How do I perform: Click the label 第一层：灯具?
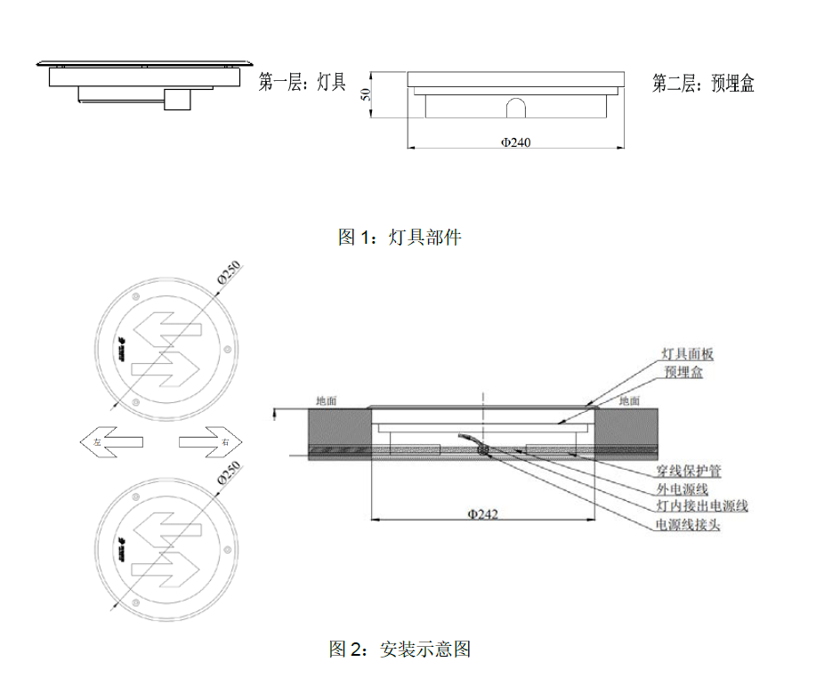[302, 84]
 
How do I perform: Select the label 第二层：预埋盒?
[703, 84]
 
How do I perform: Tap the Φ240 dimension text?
[515, 142]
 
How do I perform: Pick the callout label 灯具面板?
[688, 354]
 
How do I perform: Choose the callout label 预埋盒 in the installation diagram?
[683, 372]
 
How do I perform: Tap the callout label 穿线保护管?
[694, 471]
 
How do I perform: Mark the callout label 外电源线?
[682, 488]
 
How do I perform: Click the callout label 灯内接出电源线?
[701, 506]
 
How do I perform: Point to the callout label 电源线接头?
[688, 525]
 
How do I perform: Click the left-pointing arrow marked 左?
[112, 440]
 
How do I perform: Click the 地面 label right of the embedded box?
[629, 401]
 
